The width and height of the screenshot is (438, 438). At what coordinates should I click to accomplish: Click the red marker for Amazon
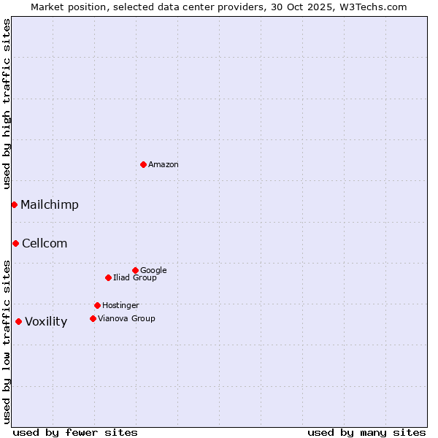pos(143,164)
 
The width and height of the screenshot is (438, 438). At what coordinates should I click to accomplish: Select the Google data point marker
pos(135,270)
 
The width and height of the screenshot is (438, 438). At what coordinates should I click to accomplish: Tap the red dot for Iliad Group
pos(108,277)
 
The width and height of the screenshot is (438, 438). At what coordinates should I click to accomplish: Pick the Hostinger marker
pos(97,305)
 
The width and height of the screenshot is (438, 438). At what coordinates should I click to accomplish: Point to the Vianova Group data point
pos(93,318)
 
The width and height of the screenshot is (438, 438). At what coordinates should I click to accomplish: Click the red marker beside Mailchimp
pos(14,204)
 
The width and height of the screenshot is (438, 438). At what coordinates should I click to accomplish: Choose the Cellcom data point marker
pos(15,243)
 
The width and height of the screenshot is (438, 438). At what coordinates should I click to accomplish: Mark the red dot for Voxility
pos(18,321)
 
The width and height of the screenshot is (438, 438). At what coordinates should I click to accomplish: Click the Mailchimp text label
pos(50,205)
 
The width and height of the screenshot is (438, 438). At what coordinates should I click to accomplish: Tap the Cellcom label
pos(45,244)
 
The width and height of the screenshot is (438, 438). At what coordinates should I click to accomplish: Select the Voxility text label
pos(46,322)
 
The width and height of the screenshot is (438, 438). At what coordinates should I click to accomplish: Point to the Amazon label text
pos(164,165)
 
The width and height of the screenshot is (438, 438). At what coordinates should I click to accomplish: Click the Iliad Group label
pos(135,278)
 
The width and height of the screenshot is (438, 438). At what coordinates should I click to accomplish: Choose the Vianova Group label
pos(126,319)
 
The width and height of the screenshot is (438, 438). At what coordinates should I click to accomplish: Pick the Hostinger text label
pos(120,306)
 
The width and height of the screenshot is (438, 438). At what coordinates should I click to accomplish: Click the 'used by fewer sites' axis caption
pos(75,433)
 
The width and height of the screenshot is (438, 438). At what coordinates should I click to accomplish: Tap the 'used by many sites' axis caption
pos(366,433)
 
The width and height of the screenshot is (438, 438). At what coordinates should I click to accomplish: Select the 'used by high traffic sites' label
pos(7,104)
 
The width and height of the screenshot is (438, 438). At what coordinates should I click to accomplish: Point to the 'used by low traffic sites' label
pos(7,341)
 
